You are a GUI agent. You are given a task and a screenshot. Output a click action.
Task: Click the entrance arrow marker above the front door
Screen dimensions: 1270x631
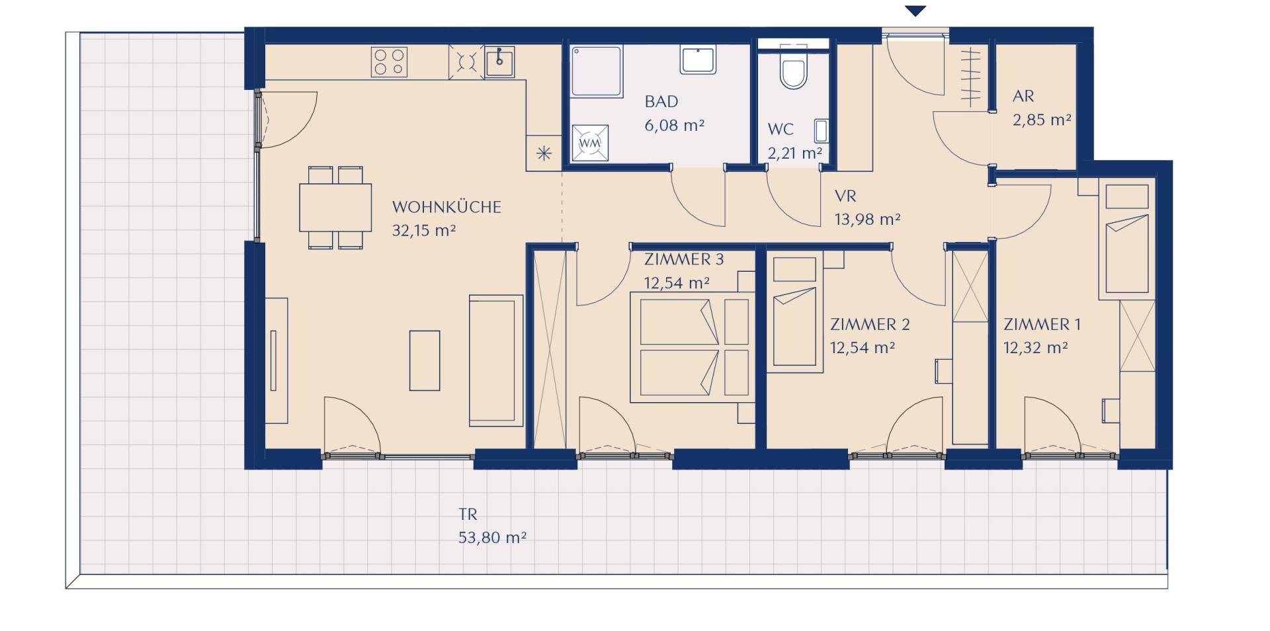point(915,11)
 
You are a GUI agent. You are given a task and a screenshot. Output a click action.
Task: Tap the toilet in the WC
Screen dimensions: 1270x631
point(793,69)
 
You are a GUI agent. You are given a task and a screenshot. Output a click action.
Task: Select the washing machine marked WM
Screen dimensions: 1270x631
point(589,143)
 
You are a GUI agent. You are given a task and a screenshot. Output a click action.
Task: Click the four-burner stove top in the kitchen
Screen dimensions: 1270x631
point(389,62)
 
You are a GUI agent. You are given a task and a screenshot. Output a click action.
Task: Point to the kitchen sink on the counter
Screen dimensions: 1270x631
point(499,62)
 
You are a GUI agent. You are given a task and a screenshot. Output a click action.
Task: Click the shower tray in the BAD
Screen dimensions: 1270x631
point(597,71)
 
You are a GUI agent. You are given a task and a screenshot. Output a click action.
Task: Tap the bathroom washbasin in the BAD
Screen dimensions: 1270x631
point(698,60)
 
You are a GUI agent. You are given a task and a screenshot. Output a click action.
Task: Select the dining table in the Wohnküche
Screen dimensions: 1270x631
point(335,207)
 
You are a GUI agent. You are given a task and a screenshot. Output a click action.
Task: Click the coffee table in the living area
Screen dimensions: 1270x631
point(425,360)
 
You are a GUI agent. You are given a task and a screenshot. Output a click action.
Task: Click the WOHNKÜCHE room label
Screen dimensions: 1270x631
point(446,207)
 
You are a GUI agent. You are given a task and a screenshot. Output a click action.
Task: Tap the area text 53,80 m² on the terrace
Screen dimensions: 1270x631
point(493,538)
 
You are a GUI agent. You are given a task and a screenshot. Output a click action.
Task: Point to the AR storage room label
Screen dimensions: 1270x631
point(1023,97)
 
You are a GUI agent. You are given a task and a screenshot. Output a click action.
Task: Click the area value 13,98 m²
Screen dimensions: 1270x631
point(867,219)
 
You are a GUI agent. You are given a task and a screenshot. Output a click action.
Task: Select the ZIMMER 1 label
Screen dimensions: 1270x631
point(1042,325)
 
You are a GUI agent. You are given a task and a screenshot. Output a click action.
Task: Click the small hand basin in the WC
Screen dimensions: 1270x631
point(821,131)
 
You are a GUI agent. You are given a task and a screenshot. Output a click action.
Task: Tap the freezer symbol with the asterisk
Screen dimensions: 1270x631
point(544,153)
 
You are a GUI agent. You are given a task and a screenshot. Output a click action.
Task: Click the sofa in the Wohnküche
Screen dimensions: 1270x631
point(496,360)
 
